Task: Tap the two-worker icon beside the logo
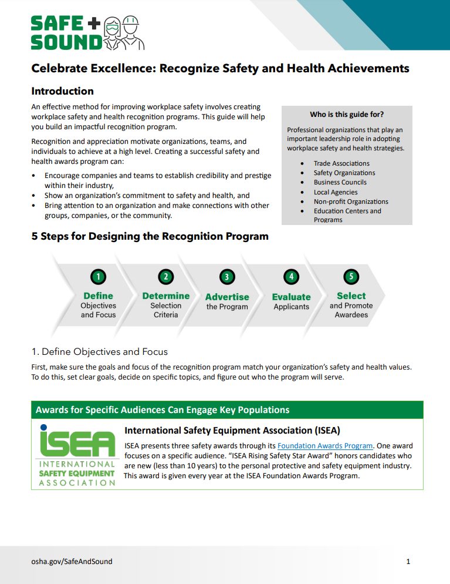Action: coord(124,33)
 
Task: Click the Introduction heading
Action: coord(62,91)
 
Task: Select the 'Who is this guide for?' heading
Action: coord(347,115)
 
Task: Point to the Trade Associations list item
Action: coord(341,163)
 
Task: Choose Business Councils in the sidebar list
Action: coord(340,182)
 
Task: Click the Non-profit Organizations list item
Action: coord(351,202)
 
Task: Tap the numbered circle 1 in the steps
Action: coord(98,277)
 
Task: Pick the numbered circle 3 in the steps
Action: coord(226,277)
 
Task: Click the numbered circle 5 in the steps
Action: coord(351,277)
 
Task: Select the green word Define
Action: coord(98,296)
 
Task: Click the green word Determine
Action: coord(166,296)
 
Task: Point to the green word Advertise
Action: coord(227,297)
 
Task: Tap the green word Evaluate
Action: coord(291,297)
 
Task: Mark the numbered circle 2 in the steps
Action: coord(166,277)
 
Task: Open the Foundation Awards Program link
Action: coord(325,445)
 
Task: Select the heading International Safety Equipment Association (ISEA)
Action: coord(232,431)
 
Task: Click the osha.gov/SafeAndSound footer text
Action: coord(72,561)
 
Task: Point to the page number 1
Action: coord(408,562)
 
